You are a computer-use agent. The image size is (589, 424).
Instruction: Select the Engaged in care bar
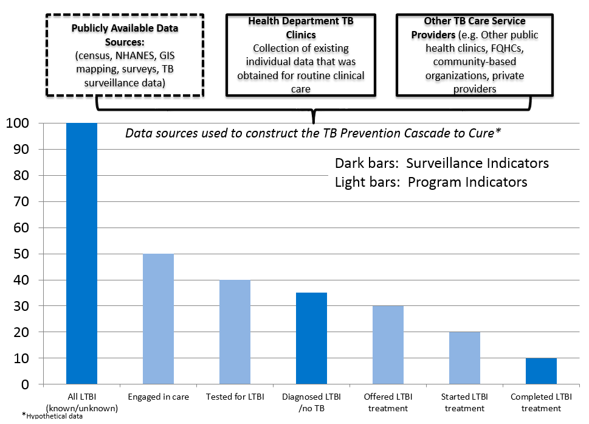point(158,319)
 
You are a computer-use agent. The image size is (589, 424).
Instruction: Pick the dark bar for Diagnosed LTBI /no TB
point(311,339)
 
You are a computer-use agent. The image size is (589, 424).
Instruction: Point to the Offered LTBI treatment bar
point(388,345)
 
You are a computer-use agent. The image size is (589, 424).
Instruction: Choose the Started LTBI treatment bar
point(464,358)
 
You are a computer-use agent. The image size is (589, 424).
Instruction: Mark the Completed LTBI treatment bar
point(541,372)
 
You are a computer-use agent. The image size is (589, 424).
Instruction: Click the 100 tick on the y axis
point(18,123)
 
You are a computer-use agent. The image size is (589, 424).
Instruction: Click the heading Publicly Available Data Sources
point(125,34)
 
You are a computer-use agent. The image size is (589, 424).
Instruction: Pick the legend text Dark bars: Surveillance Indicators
point(441,164)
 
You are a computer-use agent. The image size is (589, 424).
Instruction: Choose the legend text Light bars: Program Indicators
point(430,182)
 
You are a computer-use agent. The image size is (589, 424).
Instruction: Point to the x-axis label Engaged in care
point(158,397)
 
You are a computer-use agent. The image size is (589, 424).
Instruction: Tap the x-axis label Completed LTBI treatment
point(541,403)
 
